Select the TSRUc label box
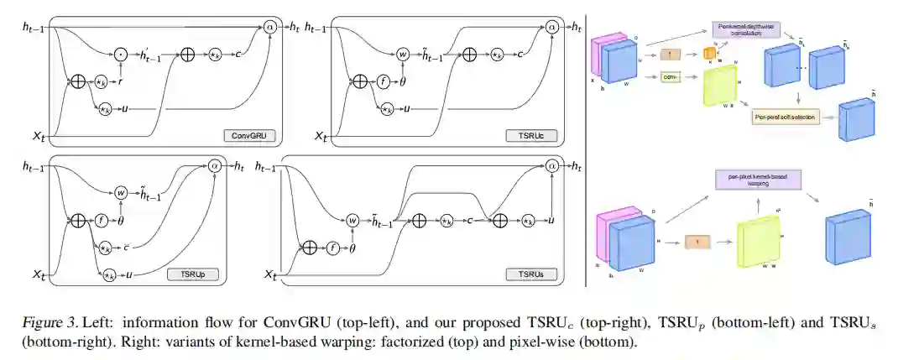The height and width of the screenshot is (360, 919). (x=529, y=135)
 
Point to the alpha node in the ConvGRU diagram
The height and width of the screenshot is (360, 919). (x=270, y=27)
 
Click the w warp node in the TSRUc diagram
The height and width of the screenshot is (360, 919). (x=404, y=54)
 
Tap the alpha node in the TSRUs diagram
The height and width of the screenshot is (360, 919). (x=551, y=167)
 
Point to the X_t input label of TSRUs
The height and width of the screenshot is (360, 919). (x=271, y=274)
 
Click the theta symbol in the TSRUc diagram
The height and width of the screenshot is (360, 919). (x=402, y=82)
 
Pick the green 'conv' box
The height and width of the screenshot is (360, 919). (x=670, y=77)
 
